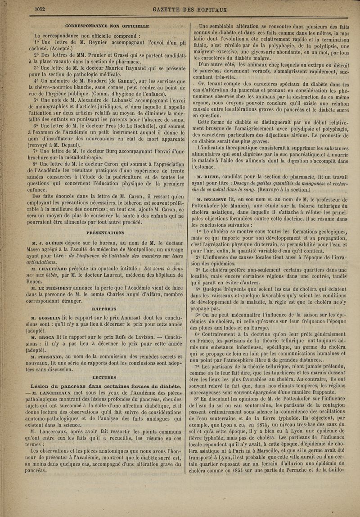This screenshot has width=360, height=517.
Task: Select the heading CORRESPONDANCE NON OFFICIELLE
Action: pos(107,25)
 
